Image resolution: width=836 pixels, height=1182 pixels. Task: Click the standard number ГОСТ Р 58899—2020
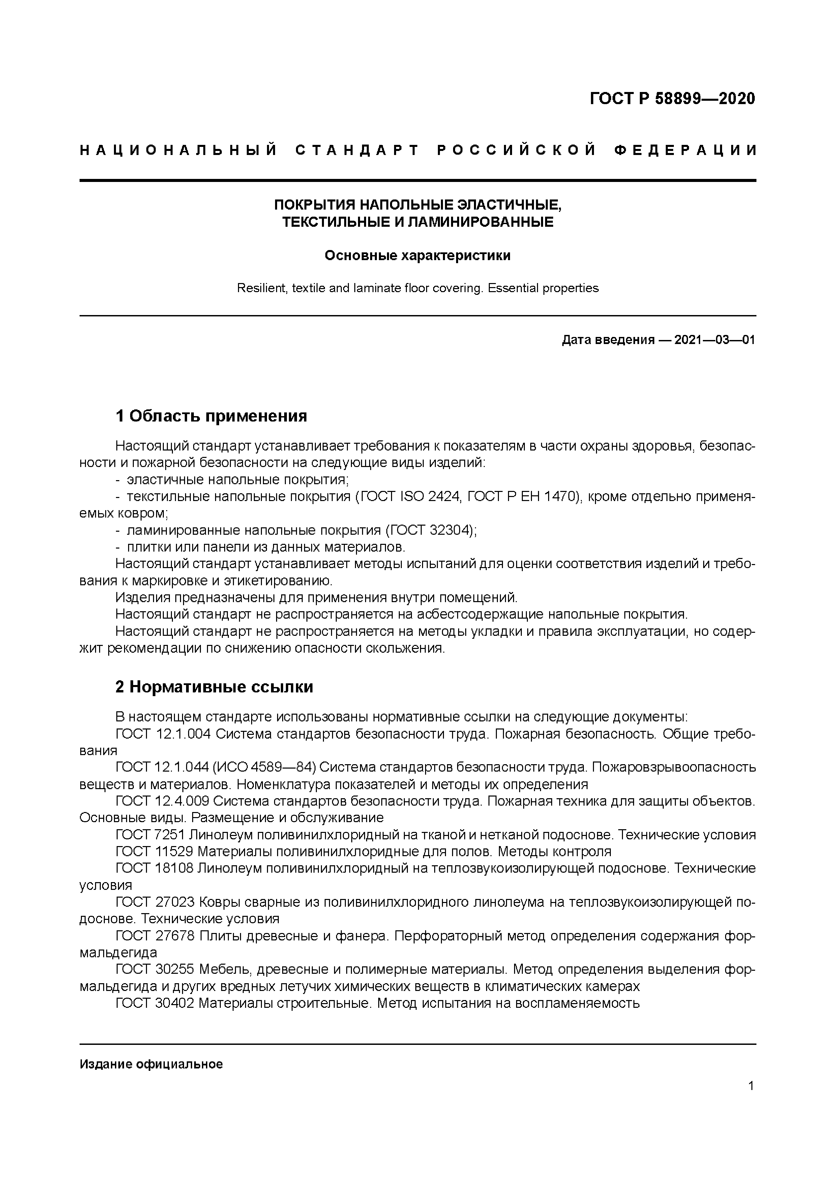(x=672, y=98)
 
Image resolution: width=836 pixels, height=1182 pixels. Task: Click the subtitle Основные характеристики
(x=417, y=255)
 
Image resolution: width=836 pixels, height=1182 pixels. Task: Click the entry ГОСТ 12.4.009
(x=163, y=801)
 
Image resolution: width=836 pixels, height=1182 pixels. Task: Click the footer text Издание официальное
(x=151, y=1064)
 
